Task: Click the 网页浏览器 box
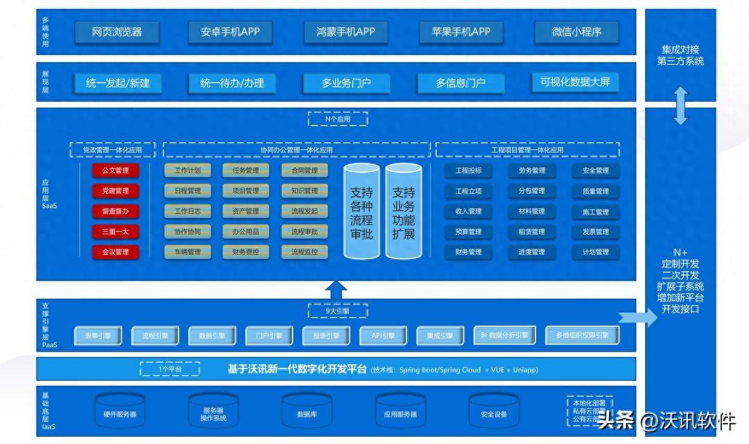point(117,32)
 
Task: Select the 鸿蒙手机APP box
point(346,32)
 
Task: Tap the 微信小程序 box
point(577,32)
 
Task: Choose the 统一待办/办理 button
point(232,83)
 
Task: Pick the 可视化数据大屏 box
point(575,82)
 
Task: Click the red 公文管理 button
point(115,170)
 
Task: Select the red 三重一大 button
point(115,231)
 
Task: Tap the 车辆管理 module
point(188,252)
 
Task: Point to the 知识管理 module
point(305,191)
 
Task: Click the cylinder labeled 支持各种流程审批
point(362,211)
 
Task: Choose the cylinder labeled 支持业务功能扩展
point(403,211)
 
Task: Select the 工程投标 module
point(469,171)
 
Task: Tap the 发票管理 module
point(595,232)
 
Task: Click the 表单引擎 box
point(98,336)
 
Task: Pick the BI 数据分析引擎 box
point(505,335)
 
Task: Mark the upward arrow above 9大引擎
point(336,289)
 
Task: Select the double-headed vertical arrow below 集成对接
point(680,106)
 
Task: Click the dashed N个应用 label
point(338,119)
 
